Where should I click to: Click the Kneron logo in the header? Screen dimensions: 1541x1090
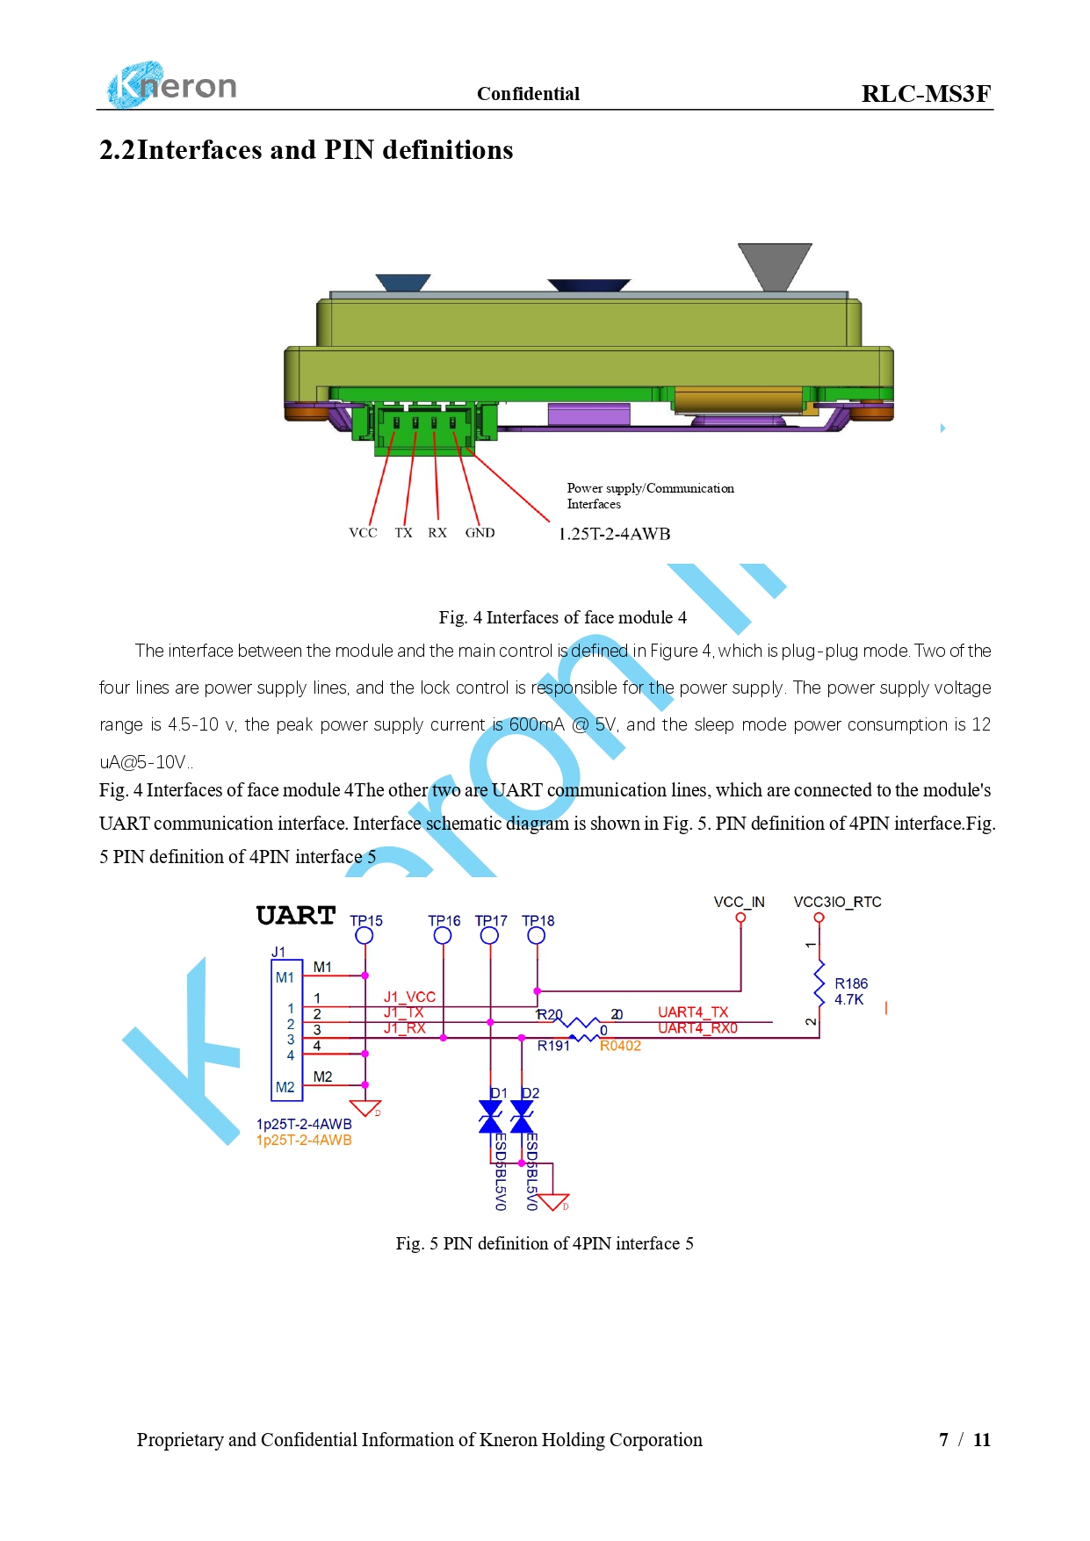coord(172,85)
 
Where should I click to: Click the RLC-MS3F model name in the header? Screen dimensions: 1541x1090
coord(926,94)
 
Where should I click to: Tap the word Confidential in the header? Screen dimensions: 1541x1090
coord(528,94)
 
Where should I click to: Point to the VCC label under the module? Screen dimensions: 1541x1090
coord(363,533)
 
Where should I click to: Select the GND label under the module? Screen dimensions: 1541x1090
coord(480,533)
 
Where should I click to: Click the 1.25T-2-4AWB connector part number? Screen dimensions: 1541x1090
coord(615,534)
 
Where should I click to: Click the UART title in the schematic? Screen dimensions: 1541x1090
coord(296,916)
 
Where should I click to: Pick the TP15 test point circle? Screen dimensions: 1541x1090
coord(365,936)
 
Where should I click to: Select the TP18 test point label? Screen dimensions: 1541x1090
coord(538,920)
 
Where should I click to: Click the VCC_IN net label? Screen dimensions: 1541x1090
coord(739,902)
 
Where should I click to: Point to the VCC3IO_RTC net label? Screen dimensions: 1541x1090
coord(837,902)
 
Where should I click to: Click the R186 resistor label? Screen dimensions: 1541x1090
coord(851,983)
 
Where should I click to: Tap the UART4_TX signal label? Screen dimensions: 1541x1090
coord(693,1012)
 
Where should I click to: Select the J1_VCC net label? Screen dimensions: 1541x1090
coord(409,997)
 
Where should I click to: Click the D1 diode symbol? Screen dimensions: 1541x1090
coord(490,1118)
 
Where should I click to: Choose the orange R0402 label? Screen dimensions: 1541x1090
coord(620,1046)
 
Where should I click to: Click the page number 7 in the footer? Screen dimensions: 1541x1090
coord(943,1440)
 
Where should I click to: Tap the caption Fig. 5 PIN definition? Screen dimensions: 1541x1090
coord(545,1243)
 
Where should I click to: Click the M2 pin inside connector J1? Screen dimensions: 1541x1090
coord(285,1087)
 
